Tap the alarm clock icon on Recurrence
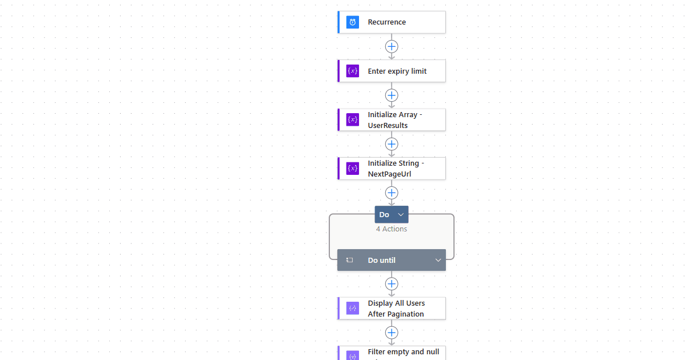[x=353, y=22]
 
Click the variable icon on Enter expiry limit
[x=353, y=71]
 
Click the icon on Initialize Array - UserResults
[x=353, y=120]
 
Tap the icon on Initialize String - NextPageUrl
[x=353, y=169]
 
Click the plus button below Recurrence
[x=392, y=46]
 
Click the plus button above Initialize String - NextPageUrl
[x=392, y=144]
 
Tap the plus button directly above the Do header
[x=392, y=193]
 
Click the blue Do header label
[x=385, y=214]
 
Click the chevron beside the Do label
[x=401, y=214]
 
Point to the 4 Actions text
[x=392, y=229]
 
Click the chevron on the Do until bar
[x=438, y=260]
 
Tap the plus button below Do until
[x=392, y=283]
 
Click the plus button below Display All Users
[x=392, y=333]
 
